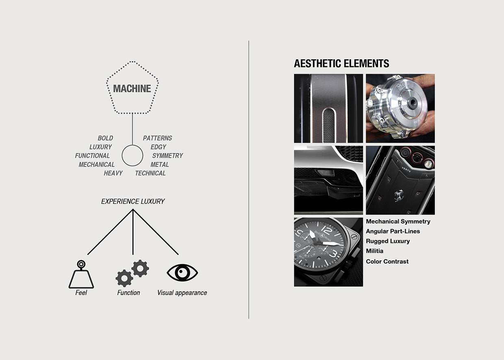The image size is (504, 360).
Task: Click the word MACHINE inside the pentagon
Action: click(132, 89)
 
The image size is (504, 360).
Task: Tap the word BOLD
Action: click(105, 138)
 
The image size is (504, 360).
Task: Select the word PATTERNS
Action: click(157, 138)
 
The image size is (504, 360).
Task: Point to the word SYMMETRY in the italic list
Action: click(167, 156)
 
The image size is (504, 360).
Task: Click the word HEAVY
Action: click(113, 173)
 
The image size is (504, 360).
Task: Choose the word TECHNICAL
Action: click(150, 173)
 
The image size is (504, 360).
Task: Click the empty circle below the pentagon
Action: click(133, 156)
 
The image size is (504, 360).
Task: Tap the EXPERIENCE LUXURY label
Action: click(133, 202)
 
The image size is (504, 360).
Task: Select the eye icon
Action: click(182, 273)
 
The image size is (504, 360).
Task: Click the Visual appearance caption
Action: click(182, 293)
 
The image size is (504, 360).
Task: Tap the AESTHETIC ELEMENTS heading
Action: click(341, 64)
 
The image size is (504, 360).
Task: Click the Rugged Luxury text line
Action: click(388, 241)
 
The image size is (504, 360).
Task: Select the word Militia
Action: click(374, 251)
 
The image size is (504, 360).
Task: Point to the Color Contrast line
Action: click(387, 261)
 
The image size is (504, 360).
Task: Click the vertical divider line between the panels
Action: click(249, 179)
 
